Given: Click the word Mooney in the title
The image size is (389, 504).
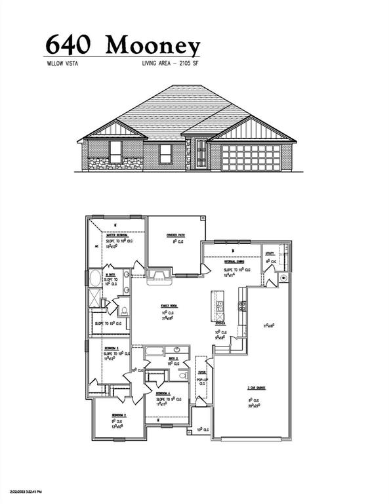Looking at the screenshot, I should tap(153, 45).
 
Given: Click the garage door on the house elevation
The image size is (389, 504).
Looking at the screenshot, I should tap(251, 158).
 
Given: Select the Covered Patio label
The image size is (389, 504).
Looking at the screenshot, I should tap(173, 235).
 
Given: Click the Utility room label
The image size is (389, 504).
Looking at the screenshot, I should tap(270, 253).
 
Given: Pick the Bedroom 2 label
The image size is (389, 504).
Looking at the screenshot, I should tap(118, 415).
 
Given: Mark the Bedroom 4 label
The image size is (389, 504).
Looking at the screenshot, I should tap(165, 392).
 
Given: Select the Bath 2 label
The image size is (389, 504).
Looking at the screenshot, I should tap(173, 358).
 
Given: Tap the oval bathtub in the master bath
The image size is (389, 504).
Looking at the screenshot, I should tap(95, 278).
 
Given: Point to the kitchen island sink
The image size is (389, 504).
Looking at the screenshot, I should tap(220, 305).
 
